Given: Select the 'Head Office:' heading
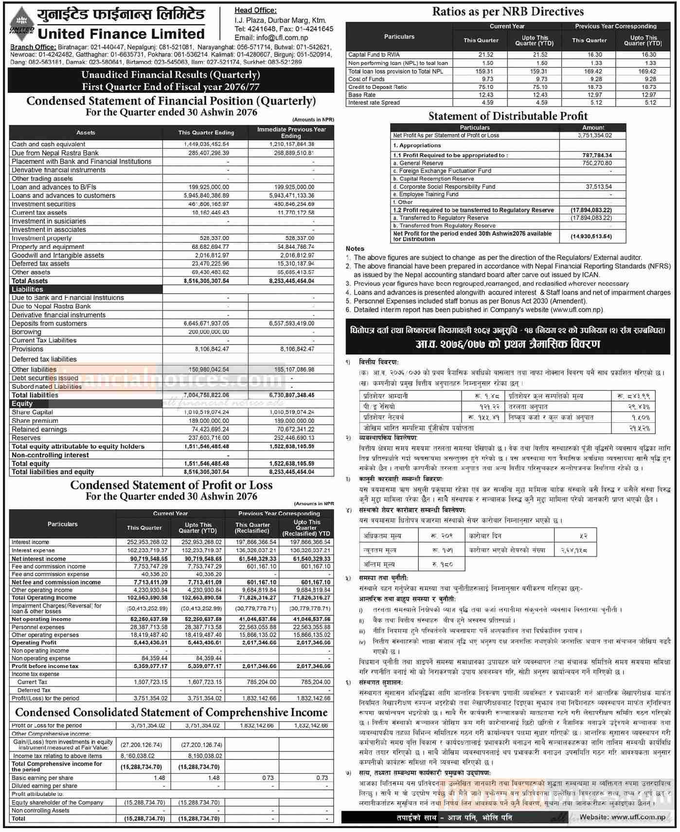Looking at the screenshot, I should tap(255, 10).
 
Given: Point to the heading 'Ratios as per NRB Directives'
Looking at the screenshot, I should tap(508, 12).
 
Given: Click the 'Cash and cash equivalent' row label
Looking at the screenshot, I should tap(48, 144).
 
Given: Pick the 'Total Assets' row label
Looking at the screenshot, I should tap(30, 281).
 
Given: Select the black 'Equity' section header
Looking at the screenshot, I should tap(22, 404).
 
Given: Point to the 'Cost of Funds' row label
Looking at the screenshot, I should tap(366, 79).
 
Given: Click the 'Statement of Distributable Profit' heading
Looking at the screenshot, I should tap(508, 116).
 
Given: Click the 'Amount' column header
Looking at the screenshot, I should tap(593, 127).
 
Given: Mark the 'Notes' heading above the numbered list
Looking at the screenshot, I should tap(355, 249).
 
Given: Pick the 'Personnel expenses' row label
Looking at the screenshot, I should tap(38, 627).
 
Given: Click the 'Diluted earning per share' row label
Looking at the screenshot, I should tap(44, 786).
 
